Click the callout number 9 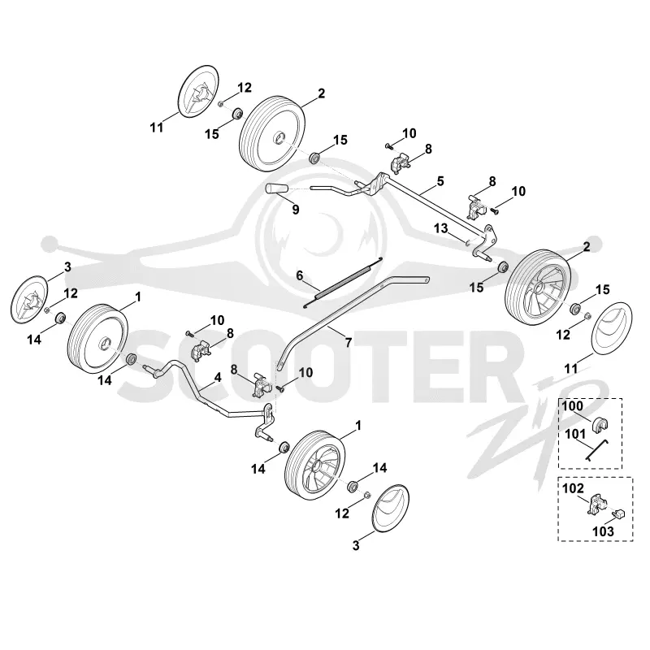296,210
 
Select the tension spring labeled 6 343,282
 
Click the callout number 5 440,181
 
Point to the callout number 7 349,342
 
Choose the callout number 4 218,378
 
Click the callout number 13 441,228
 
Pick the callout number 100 573,405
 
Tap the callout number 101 576,434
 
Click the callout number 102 574,488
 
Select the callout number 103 603,531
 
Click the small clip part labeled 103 618,514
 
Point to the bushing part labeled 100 600,425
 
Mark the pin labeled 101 596,450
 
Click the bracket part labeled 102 596,504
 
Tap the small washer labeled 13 467,242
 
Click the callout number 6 299,275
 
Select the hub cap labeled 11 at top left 198,91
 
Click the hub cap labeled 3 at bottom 391,507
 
